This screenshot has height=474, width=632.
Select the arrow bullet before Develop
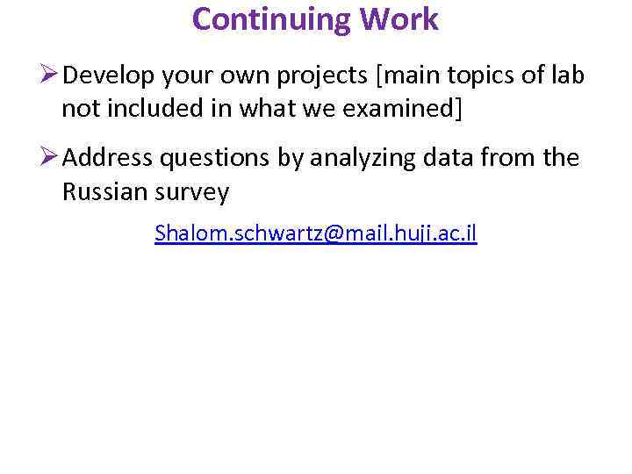tap(49, 76)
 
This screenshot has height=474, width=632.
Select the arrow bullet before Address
tap(49, 158)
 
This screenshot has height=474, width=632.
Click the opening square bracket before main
tap(378, 77)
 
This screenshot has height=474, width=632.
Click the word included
tap(167, 109)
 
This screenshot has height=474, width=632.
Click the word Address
tap(111, 158)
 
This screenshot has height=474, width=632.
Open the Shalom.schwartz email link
tap(315, 233)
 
